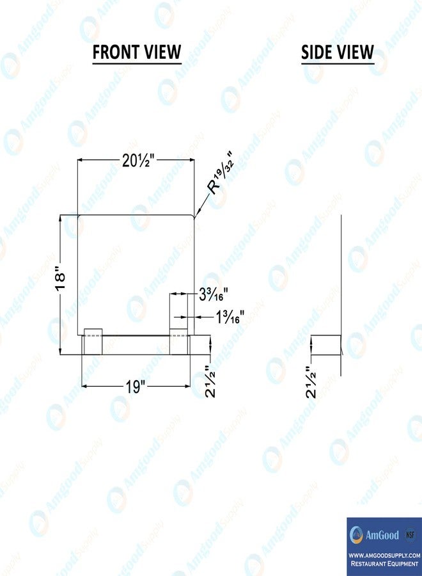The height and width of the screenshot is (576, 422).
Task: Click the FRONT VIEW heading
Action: coord(137,52)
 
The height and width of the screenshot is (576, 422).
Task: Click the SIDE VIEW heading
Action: coord(337,52)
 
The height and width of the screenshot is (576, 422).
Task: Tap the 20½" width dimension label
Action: coord(139,161)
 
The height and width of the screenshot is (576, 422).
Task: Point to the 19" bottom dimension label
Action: coord(136,387)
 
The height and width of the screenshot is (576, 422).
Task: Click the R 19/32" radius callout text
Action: coord(221,172)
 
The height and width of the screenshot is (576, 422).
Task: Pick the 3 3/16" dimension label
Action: coord(213,294)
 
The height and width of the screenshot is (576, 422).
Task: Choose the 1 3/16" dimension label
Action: coord(230,317)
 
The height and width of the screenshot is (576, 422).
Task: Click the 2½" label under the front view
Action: coord(210,381)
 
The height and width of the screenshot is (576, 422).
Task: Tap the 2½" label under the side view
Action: coord(311,382)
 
